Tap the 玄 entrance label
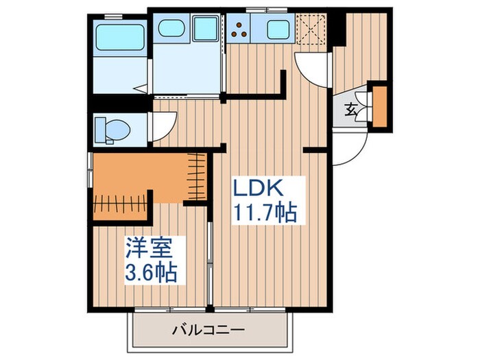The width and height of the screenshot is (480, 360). click(350, 108)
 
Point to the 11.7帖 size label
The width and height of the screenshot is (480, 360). click(267, 213)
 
